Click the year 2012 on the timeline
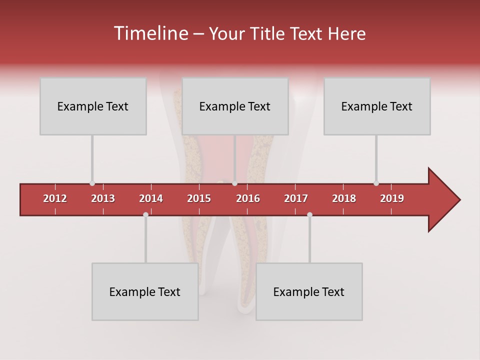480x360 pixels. [x=55, y=198]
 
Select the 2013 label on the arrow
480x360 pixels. [x=103, y=198]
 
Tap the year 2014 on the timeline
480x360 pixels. [x=151, y=198]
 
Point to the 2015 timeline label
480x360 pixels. [x=199, y=198]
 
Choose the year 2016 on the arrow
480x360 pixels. [x=248, y=198]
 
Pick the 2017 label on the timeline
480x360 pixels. [x=296, y=198]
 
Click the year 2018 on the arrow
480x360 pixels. [x=344, y=198]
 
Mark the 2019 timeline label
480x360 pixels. [x=392, y=198]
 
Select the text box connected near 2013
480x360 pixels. [x=93, y=106]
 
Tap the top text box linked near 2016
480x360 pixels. [x=235, y=106]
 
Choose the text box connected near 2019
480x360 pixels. [x=377, y=106]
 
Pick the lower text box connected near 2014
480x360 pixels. [x=145, y=291]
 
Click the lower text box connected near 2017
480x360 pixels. [x=309, y=291]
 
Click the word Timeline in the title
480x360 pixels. [x=150, y=33]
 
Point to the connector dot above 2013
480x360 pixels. [x=92, y=183]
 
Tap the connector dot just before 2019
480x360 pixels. [x=376, y=183]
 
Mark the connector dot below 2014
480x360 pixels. [x=145, y=214]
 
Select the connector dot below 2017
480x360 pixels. [x=309, y=214]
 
